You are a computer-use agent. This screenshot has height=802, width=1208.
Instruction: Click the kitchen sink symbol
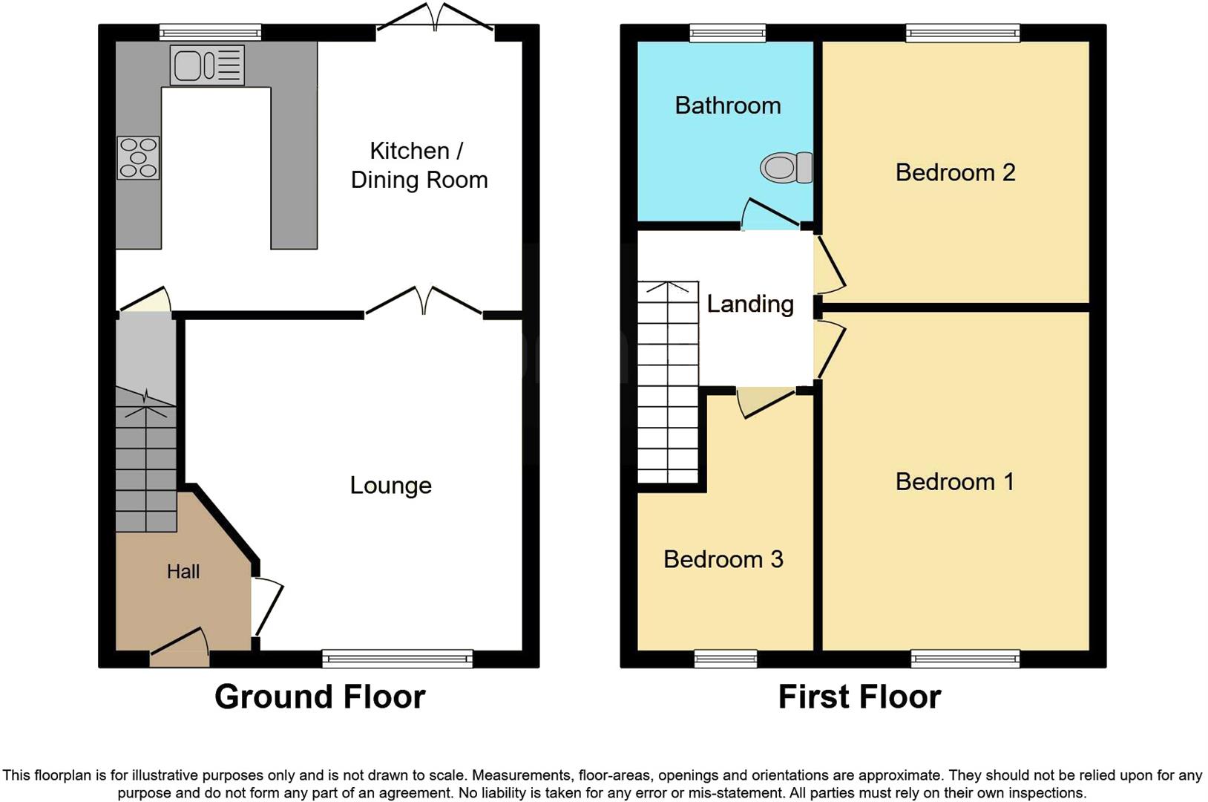coord(207,65)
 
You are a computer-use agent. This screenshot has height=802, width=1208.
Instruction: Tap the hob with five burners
coord(138,158)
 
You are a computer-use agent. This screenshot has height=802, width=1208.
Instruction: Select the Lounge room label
coord(390,486)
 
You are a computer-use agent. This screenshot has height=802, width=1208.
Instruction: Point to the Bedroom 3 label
coord(723,559)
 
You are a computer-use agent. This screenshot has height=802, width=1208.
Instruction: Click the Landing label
coord(749,304)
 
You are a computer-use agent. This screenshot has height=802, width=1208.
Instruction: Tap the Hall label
coord(183,571)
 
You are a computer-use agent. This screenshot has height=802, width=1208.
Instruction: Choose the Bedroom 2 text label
coord(955,172)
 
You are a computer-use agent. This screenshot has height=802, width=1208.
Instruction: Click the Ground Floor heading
coord(320,697)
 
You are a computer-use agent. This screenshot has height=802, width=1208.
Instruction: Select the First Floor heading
coord(859,697)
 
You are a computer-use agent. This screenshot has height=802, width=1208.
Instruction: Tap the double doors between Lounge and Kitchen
coord(423,303)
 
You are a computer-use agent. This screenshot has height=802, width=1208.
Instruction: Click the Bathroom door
coord(770,216)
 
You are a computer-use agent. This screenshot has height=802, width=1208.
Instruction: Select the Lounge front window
coord(398,658)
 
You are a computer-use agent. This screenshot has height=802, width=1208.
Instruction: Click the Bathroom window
coord(727,33)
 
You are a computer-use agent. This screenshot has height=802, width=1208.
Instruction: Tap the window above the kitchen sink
coord(211,33)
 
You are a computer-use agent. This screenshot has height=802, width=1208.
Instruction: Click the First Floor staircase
coord(668,382)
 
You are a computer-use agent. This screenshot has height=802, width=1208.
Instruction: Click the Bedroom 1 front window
coord(965,658)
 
